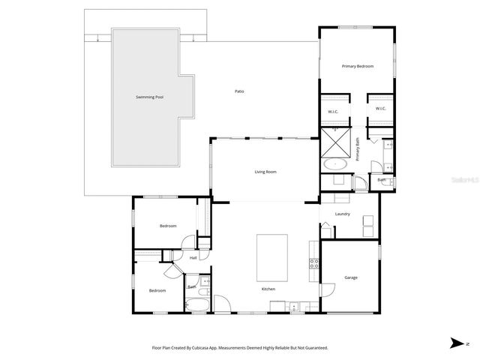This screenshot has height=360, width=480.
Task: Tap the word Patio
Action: point(239,91)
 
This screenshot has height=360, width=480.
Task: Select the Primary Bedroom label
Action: point(357,67)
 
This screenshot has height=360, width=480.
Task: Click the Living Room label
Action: point(265,172)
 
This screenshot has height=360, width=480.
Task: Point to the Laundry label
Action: point(343,214)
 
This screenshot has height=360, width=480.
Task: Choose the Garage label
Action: point(350,277)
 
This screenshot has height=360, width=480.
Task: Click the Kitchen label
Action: point(268,289)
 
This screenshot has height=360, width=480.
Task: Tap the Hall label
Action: point(193,258)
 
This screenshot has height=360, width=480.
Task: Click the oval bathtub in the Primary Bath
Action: point(334,164)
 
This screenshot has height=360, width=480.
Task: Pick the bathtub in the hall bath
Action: point(199,304)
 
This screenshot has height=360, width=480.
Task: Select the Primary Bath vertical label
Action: point(358,151)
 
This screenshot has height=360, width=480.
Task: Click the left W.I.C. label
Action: point(333,112)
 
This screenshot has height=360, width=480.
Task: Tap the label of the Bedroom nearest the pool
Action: point(167,226)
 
